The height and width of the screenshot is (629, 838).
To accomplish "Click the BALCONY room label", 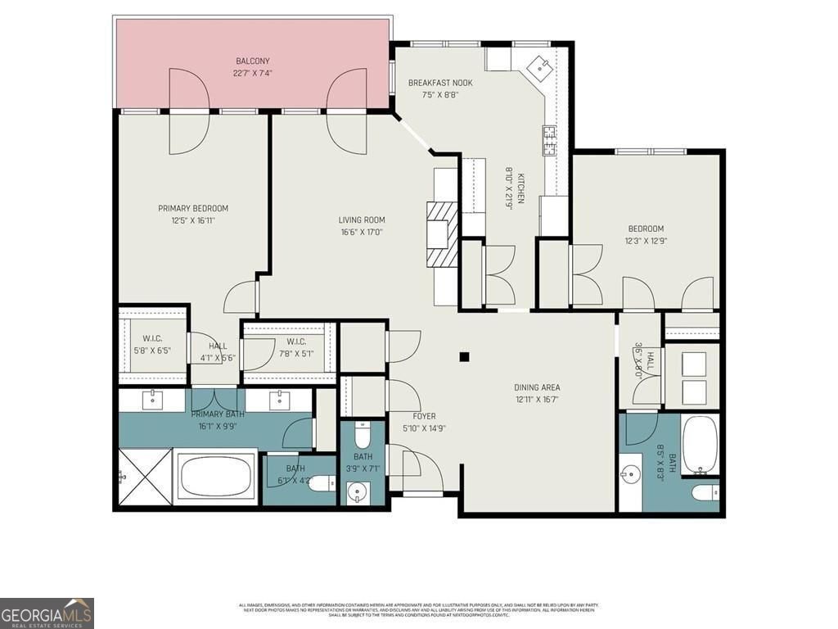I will coord(253,61).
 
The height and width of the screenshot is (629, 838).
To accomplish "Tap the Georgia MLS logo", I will coord(47,613).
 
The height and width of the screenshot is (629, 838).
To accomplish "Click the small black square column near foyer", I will coord(464,356).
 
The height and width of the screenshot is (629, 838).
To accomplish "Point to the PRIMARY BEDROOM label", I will coord(193,208).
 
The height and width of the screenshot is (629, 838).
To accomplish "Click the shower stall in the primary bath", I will coord(145,477).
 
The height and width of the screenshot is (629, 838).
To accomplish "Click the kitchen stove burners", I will coord(549,140).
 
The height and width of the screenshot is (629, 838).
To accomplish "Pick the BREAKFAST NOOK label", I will coord(440,83).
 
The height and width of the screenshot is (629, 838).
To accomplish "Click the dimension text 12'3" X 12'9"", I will coord(646,241).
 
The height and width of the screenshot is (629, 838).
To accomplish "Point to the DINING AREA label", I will coord(537,387).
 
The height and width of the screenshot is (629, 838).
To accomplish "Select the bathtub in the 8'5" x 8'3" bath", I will coord(700,446).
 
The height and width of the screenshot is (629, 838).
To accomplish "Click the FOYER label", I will coord(424,416).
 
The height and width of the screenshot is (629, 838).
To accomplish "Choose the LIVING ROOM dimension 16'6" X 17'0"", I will coord(362,232).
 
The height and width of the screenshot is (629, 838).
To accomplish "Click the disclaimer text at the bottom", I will coord(418,609).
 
